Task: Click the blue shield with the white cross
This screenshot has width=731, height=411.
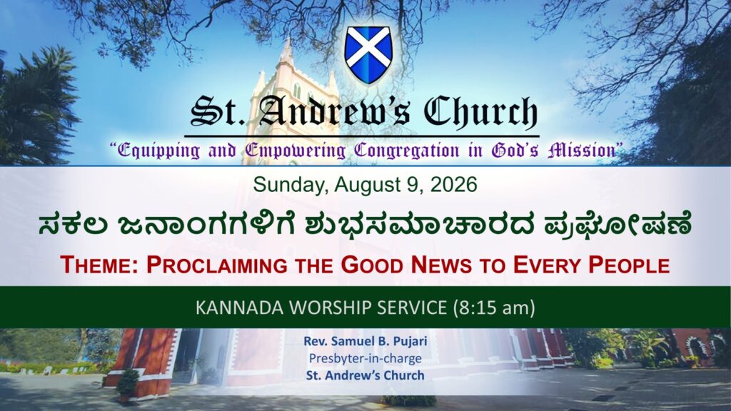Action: [x=368, y=55]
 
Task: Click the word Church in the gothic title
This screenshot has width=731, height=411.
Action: [x=480, y=112]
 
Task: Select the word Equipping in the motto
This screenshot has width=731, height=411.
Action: [x=158, y=151]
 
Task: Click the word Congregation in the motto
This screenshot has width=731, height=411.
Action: [x=406, y=151]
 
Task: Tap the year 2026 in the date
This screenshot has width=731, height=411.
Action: [x=453, y=185]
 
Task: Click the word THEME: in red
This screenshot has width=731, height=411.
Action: [x=100, y=265]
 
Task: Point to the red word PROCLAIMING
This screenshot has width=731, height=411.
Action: [x=217, y=265]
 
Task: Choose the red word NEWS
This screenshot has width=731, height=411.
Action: [x=441, y=265]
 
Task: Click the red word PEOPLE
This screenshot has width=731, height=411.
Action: [x=629, y=265]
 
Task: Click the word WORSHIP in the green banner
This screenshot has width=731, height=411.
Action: [x=330, y=308]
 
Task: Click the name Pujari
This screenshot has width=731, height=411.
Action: [x=409, y=342]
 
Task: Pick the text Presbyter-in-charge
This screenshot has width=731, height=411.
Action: [x=365, y=358]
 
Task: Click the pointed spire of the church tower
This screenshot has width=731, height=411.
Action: [x=287, y=51]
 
